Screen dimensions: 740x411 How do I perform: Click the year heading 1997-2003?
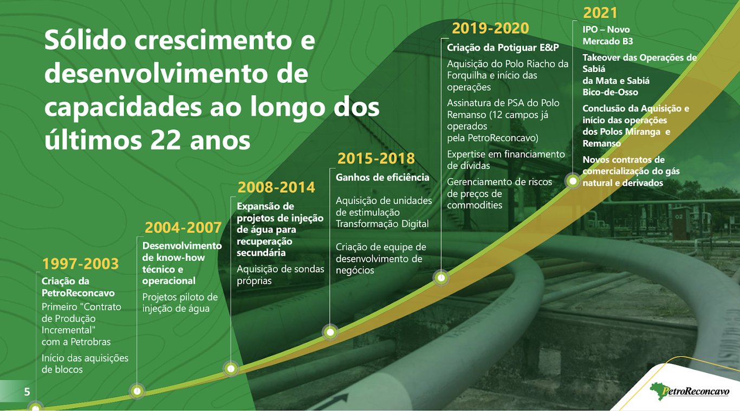point(80,263)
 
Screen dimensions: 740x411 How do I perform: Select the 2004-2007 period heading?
point(183,227)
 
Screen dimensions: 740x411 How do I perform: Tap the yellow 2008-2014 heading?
point(276,187)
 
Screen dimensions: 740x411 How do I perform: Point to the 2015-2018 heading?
point(376,159)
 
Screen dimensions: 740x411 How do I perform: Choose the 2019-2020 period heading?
point(490,28)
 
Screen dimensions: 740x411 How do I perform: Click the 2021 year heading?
point(600,13)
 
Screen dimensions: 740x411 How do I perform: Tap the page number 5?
point(27,392)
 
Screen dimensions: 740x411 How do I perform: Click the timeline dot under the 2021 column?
point(573,181)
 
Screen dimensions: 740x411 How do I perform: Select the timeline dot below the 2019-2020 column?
point(441,278)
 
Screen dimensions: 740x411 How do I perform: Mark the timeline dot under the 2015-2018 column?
point(330,332)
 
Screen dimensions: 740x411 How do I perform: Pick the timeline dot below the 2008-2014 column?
point(231,368)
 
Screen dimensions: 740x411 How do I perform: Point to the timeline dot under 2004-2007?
point(137,391)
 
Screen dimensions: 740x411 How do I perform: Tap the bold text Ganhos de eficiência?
point(382,178)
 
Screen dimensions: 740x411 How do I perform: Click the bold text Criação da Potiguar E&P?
point(503,48)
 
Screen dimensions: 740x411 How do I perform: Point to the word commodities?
point(475,205)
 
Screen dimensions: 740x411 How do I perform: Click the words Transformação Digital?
point(382,224)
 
